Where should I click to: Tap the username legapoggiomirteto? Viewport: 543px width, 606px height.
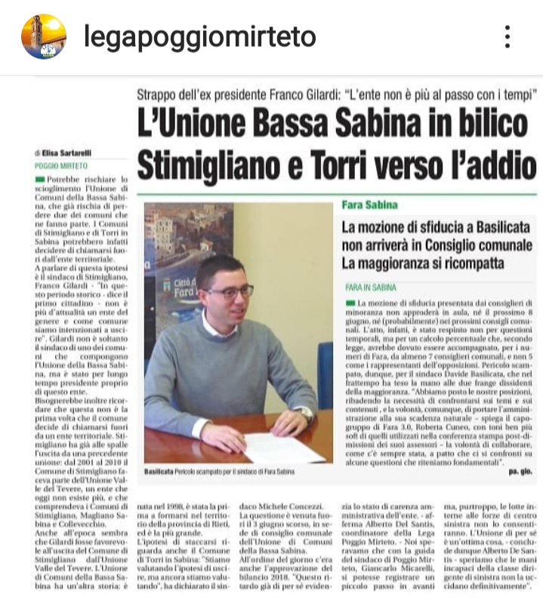pos(199,36)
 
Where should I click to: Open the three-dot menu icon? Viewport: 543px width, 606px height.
pos(508,36)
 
